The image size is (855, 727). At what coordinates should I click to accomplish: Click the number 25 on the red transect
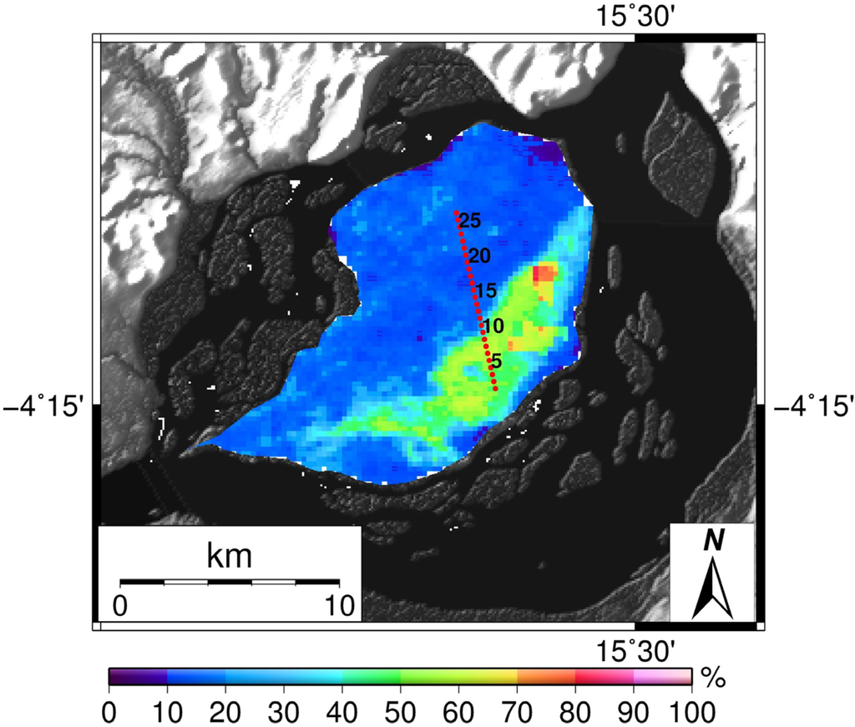470,222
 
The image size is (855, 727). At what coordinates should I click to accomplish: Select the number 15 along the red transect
486,290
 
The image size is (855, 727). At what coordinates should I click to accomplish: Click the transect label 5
496,361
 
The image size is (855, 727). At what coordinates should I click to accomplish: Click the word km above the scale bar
229,555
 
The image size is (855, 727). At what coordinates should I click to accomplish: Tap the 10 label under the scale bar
337,603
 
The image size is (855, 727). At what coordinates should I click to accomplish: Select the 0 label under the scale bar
120,603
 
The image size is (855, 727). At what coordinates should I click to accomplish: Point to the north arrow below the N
712,588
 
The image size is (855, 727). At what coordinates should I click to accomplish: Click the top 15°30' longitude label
634,16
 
